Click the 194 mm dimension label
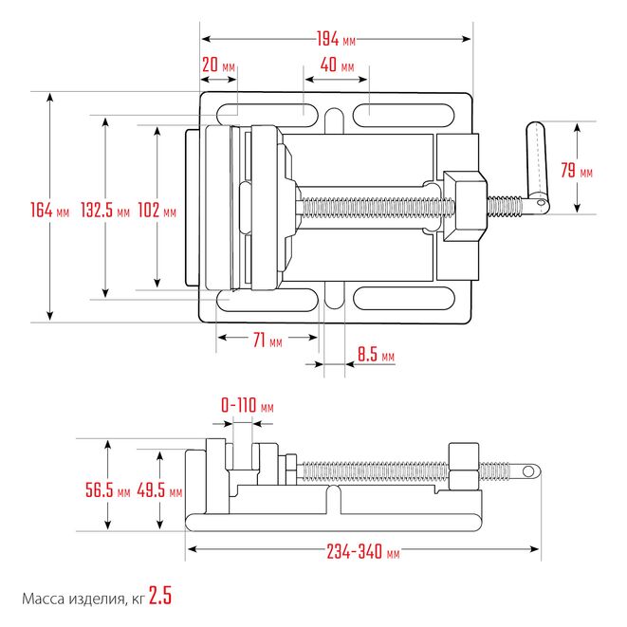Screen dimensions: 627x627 [336, 39]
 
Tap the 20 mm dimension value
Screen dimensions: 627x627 [218, 65]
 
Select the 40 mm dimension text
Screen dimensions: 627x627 [337, 65]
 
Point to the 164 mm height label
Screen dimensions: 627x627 [50, 210]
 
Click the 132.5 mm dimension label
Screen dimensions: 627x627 [105, 210]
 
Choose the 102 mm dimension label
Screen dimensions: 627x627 [157, 210]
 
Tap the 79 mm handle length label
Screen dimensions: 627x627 [576, 171]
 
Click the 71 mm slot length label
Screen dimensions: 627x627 [267, 341]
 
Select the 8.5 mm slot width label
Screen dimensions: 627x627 [376, 354]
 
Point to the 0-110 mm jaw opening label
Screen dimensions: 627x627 [248, 405]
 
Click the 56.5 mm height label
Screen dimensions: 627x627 [107, 490]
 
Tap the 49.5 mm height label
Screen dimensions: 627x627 [159, 490]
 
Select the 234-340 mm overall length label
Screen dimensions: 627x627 [363, 552]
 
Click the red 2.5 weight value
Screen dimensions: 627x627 [160, 596]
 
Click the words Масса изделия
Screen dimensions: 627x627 [72, 599]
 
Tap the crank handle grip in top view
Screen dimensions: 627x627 [536, 163]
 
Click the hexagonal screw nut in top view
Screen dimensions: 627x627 [465, 207]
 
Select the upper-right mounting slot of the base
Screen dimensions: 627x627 [403, 116]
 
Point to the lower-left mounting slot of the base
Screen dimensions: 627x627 [267, 300]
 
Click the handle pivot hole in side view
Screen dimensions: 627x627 [528, 471]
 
